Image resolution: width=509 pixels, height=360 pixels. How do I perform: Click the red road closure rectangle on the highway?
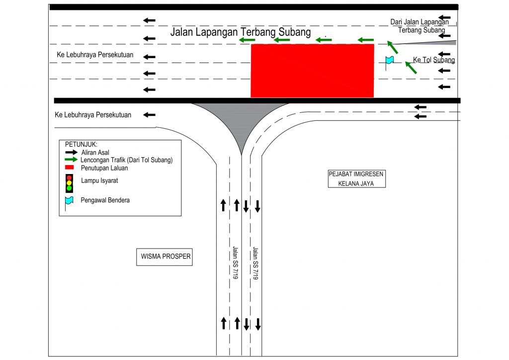pos(312,71)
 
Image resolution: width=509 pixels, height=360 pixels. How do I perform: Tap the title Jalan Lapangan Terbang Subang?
pos(240,32)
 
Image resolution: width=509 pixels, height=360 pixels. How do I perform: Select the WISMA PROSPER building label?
pos(164,258)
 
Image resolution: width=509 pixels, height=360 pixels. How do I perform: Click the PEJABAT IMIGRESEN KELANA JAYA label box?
pos(357,179)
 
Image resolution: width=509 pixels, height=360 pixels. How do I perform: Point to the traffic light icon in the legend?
pos(69,183)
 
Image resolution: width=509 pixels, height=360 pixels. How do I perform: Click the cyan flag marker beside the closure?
pos(389,60)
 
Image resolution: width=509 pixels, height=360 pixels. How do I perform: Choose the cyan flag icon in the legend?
pos(69,200)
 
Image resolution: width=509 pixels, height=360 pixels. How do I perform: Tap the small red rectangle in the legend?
pos(70,168)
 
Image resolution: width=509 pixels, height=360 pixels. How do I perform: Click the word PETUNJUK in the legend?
pos(82,144)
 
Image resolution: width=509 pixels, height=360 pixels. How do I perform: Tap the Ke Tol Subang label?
pos(433,60)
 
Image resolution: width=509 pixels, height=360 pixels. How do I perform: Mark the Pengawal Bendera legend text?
pos(105,200)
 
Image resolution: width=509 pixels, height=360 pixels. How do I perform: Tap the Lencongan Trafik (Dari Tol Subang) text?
pos(130,160)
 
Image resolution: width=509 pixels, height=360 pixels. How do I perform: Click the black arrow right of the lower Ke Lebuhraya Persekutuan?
pos(149,115)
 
